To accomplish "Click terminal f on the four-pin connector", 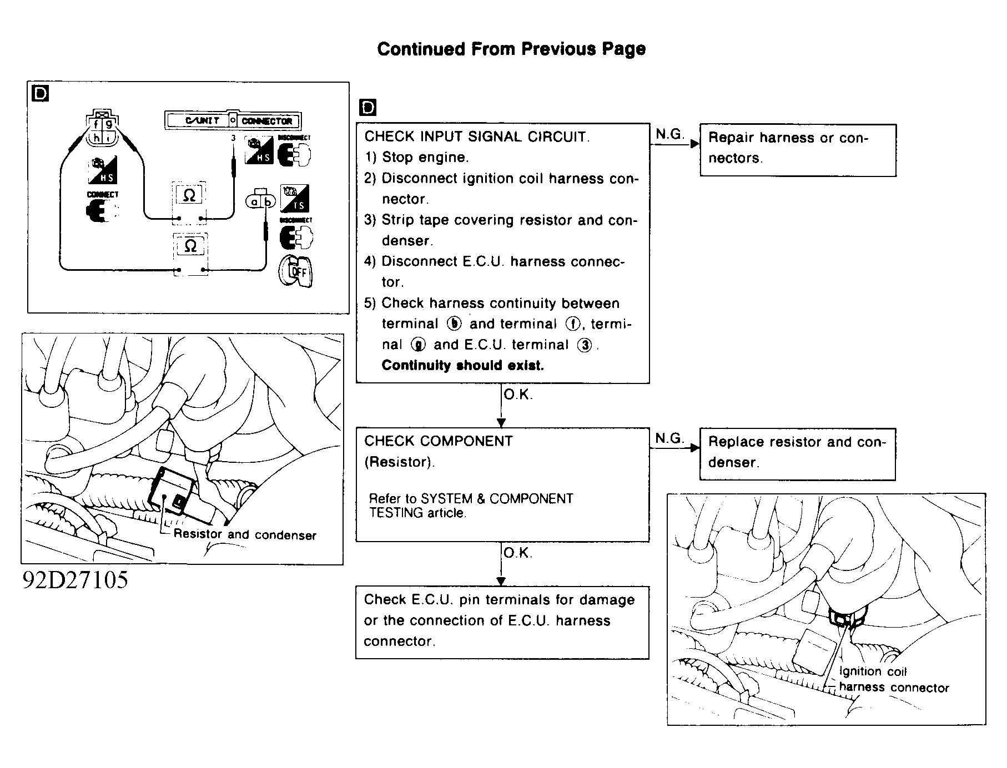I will coord(96,124).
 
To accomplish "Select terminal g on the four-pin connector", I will coord(109,124).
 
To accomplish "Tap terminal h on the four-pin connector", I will coord(96,137).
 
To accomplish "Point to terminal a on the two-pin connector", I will coord(255,202).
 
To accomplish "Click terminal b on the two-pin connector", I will coord(268,202).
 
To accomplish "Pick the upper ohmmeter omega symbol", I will coord(189,195).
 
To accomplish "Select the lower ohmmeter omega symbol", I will coord(190,246).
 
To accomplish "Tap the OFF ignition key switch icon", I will coord(296,272).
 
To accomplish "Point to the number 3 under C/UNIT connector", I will coord(233,138).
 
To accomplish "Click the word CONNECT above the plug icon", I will coord(103,195).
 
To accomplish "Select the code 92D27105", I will coord(75,580).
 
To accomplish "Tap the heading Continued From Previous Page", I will coord(511,49).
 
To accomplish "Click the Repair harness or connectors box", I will coord(798,150).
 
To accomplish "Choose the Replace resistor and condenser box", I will coord(797,453).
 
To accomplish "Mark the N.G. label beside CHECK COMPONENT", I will coord(669,438).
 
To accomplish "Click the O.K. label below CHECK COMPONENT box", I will coord(518,553).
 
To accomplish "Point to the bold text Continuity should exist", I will coord(463,366).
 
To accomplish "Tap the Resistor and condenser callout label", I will coord(245,535).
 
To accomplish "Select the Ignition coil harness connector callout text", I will coord(894,680).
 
